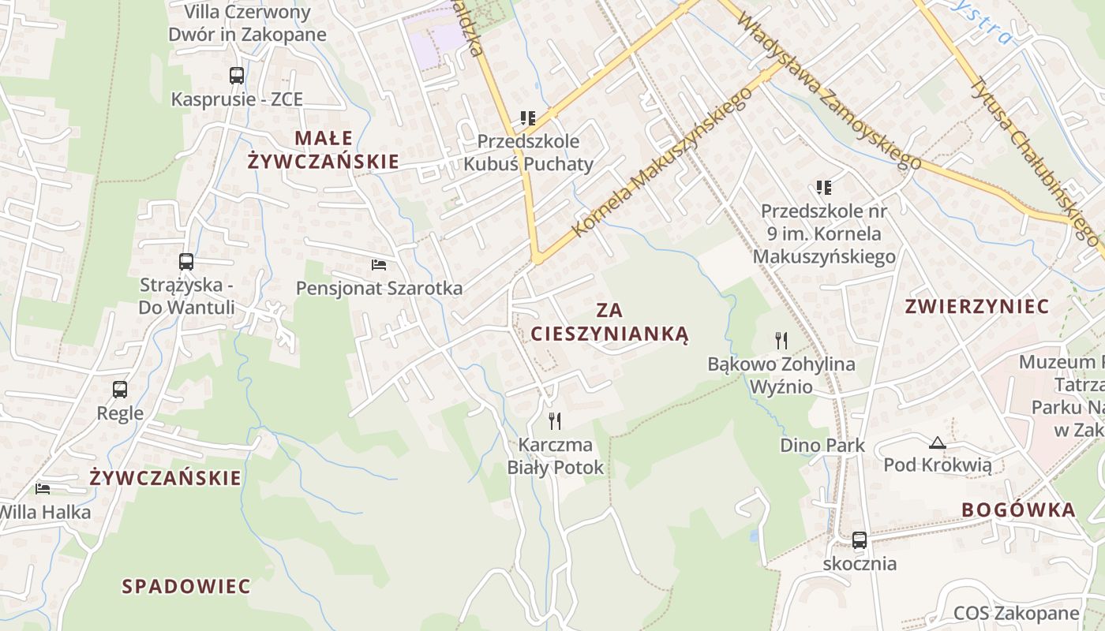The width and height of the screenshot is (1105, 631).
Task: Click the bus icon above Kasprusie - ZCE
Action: pos(237,76)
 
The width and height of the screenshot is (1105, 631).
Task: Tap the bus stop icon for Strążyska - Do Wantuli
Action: pos(186,262)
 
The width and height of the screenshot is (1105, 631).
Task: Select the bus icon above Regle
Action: pos(120,389)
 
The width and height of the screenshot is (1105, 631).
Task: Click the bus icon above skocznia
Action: pos(860,540)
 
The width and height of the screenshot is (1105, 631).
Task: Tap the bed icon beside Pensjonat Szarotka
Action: pos(379,264)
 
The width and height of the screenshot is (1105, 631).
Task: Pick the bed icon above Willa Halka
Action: pos(43,489)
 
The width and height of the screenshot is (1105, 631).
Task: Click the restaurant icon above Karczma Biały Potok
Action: pos(555,421)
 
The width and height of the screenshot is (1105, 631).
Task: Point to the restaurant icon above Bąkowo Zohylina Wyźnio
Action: pos(781,341)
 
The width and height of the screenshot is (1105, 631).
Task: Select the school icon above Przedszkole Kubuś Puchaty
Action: pos(528,118)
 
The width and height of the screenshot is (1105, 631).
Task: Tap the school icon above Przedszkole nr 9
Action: pos(824,188)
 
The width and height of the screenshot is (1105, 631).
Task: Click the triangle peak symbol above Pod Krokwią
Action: pos(937,442)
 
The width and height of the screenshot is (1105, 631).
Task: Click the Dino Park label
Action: pos(822,445)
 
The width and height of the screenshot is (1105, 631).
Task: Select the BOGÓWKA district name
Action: pos(1019,510)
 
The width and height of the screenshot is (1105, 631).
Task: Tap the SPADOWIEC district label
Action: pos(186,586)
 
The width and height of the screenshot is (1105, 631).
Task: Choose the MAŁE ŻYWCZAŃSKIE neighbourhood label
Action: pos(324,150)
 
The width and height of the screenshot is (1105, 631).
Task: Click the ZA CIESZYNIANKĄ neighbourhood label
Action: pos(609,322)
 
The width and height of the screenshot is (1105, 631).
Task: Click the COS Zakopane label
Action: pos(1016,613)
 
